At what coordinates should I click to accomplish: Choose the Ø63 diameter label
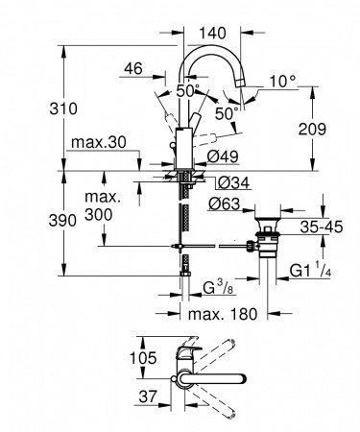227,203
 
